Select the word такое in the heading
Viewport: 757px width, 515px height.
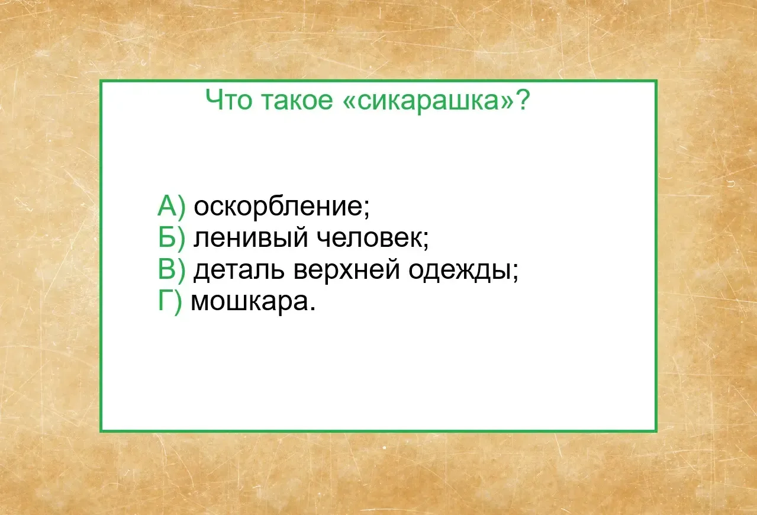tap(297, 101)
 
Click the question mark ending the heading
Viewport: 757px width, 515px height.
tap(522, 99)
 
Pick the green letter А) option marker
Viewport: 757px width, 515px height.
tap(172, 206)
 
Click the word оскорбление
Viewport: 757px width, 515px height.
tap(278, 206)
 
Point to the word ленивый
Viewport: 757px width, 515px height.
tap(251, 238)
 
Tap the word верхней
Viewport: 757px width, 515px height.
tap(347, 270)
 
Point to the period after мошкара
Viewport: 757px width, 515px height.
tap(313, 308)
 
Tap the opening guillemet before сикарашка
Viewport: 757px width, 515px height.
tap(349, 101)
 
